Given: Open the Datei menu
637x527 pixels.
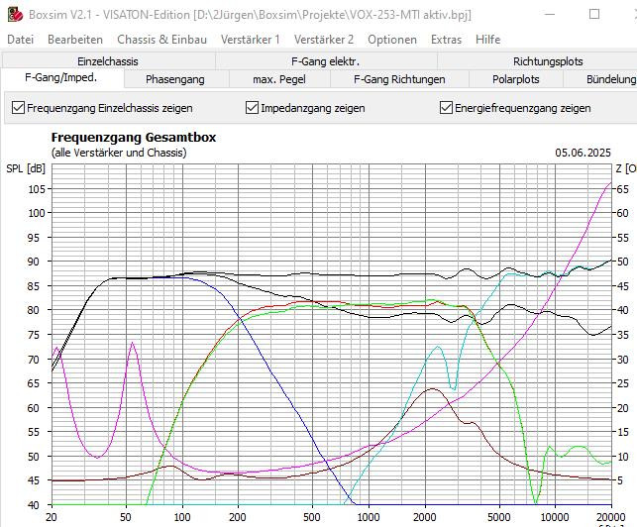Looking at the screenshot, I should point(20,40).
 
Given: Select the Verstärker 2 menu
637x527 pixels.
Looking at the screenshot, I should point(324,40).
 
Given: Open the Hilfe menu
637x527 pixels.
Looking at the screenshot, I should point(487,40).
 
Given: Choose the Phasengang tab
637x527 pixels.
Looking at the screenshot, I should point(174,79).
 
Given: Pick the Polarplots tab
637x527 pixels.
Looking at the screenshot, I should point(515,79).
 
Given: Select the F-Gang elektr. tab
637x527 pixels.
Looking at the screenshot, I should point(325,61).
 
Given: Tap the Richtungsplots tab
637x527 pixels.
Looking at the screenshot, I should point(548,61).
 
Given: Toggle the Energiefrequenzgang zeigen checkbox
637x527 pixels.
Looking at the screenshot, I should point(446,108).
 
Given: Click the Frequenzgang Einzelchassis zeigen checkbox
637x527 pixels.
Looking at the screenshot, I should point(17,108).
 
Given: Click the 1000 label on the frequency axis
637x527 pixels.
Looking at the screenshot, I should point(368,518).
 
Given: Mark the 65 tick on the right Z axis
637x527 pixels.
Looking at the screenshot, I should point(620,188).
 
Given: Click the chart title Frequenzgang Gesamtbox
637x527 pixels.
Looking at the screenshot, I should point(133,138).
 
